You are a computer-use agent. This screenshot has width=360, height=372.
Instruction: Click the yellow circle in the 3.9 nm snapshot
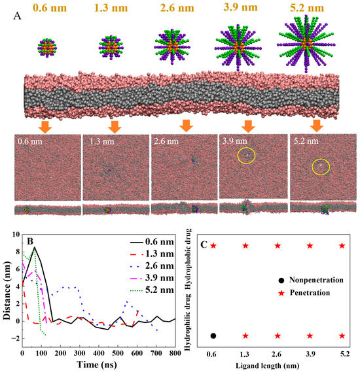247,156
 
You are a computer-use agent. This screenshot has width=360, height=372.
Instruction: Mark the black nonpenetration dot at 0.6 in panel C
213,335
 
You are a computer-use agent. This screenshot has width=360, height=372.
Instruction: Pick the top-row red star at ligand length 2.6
278,246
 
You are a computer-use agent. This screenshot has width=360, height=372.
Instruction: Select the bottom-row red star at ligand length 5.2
342,335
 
